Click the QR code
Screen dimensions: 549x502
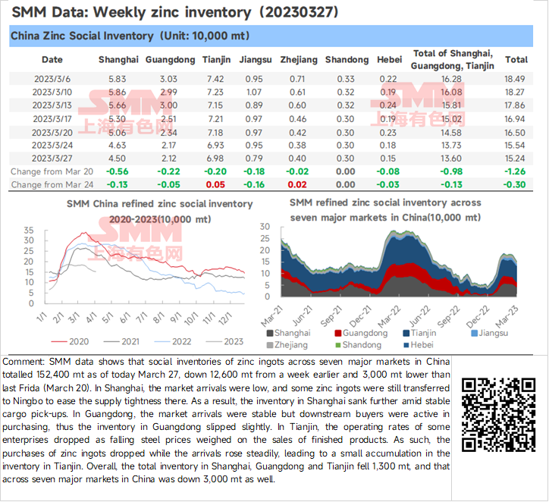499,415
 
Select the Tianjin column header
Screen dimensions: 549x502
216,59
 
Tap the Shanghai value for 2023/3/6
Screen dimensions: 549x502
117,79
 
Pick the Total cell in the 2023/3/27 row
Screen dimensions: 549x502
515,158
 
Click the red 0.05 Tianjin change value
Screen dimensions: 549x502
215,184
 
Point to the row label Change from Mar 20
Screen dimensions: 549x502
52,171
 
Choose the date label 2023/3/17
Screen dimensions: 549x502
52,119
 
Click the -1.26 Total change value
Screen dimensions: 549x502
515,171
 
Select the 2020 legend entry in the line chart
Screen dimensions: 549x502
70,341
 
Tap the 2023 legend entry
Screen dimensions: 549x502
224,341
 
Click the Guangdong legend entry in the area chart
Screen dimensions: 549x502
361,333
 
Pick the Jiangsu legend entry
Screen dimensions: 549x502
490,333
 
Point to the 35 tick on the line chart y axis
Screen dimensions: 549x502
29,231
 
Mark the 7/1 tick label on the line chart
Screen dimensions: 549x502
142,318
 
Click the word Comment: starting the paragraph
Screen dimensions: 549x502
24,362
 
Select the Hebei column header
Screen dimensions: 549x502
389,59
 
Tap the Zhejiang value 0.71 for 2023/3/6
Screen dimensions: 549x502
297,79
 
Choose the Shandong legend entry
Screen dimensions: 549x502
358,345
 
